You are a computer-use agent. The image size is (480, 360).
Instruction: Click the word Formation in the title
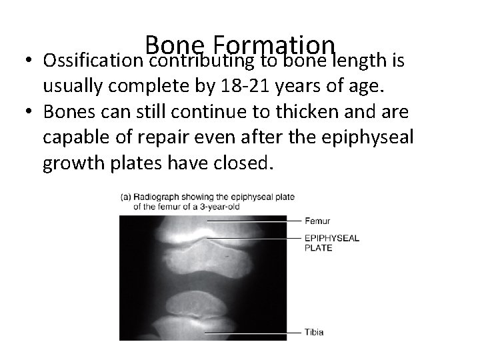(270, 46)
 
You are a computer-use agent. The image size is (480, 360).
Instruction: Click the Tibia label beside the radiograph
(315, 332)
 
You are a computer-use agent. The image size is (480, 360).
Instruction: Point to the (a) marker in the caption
(126, 197)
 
